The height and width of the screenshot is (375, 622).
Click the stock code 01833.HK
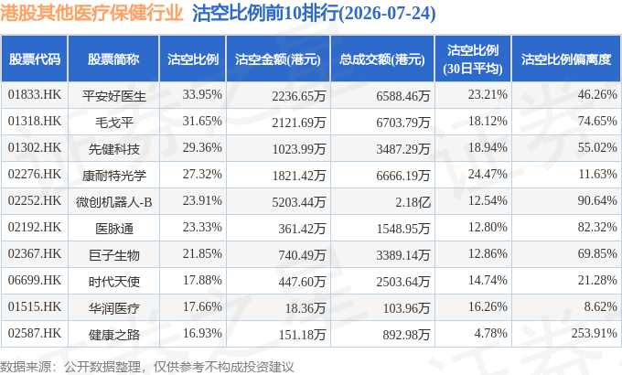[x=35, y=95]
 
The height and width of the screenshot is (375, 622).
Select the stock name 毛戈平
[x=113, y=123]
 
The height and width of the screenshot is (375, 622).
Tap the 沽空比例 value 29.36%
[x=202, y=147]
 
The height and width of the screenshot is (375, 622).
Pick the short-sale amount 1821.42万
[x=299, y=176]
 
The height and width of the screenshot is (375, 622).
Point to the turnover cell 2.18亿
[x=413, y=202]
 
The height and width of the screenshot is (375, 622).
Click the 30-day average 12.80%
[x=488, y=228]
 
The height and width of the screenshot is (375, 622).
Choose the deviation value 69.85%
[x=597, y=253]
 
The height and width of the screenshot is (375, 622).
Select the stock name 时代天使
[x=113, y=282]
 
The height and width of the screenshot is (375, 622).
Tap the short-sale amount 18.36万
[x=306, y=308]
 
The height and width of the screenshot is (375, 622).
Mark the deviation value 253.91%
[x=594, y=333]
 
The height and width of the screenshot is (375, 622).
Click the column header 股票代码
[x=35, y=59]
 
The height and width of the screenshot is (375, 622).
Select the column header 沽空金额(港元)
[x=278, y=59]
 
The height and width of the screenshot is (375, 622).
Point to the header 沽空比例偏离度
[x=566, y=59]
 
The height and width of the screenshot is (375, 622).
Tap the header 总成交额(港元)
[x=382, y=59]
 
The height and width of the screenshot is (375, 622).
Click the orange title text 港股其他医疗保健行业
[x=91, y=13]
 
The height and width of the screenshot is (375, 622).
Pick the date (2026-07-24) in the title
[x=387, y=14]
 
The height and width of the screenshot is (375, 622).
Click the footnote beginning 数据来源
[x=146, y=367]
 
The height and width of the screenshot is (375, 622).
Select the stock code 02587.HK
[x=35, y=333]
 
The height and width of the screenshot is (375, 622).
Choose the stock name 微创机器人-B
[x=113, y=202]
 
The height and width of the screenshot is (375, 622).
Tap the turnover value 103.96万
[x=407, y=308]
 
